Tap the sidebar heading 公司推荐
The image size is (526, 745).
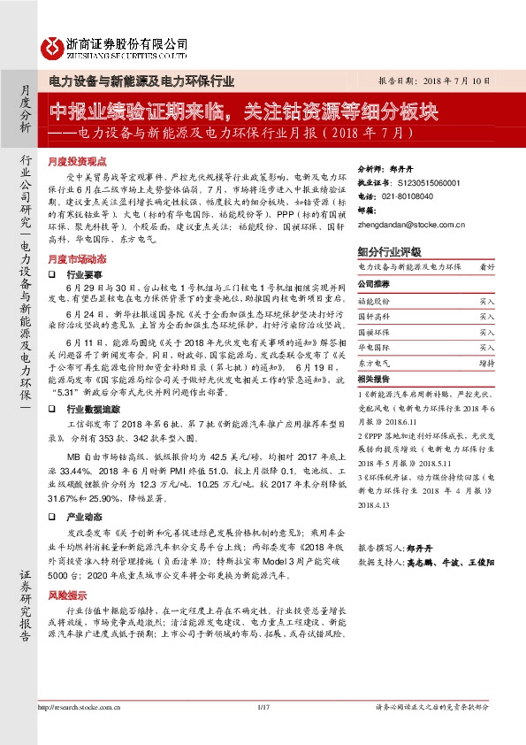coord(373,286)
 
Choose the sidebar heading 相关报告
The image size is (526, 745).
coord(373,378)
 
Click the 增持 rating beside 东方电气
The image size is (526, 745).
coord(487,363)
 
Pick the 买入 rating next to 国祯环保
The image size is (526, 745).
coord(487,332)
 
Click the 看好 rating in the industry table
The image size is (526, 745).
coord(487,266)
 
